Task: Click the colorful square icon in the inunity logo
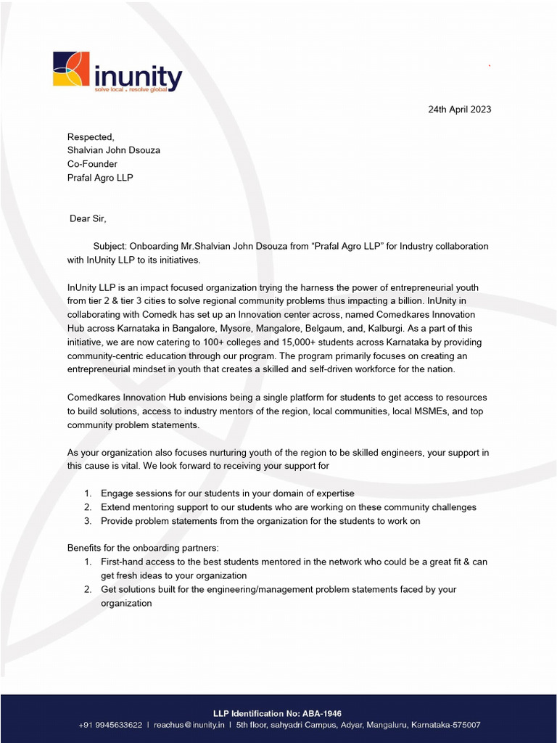71,70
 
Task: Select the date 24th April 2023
459,110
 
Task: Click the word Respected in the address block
91,137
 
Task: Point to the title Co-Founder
92,164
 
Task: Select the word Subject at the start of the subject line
111,247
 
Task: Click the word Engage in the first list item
116,493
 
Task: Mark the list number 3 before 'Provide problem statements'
87,521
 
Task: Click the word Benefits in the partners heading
86,548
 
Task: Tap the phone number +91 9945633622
111,725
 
